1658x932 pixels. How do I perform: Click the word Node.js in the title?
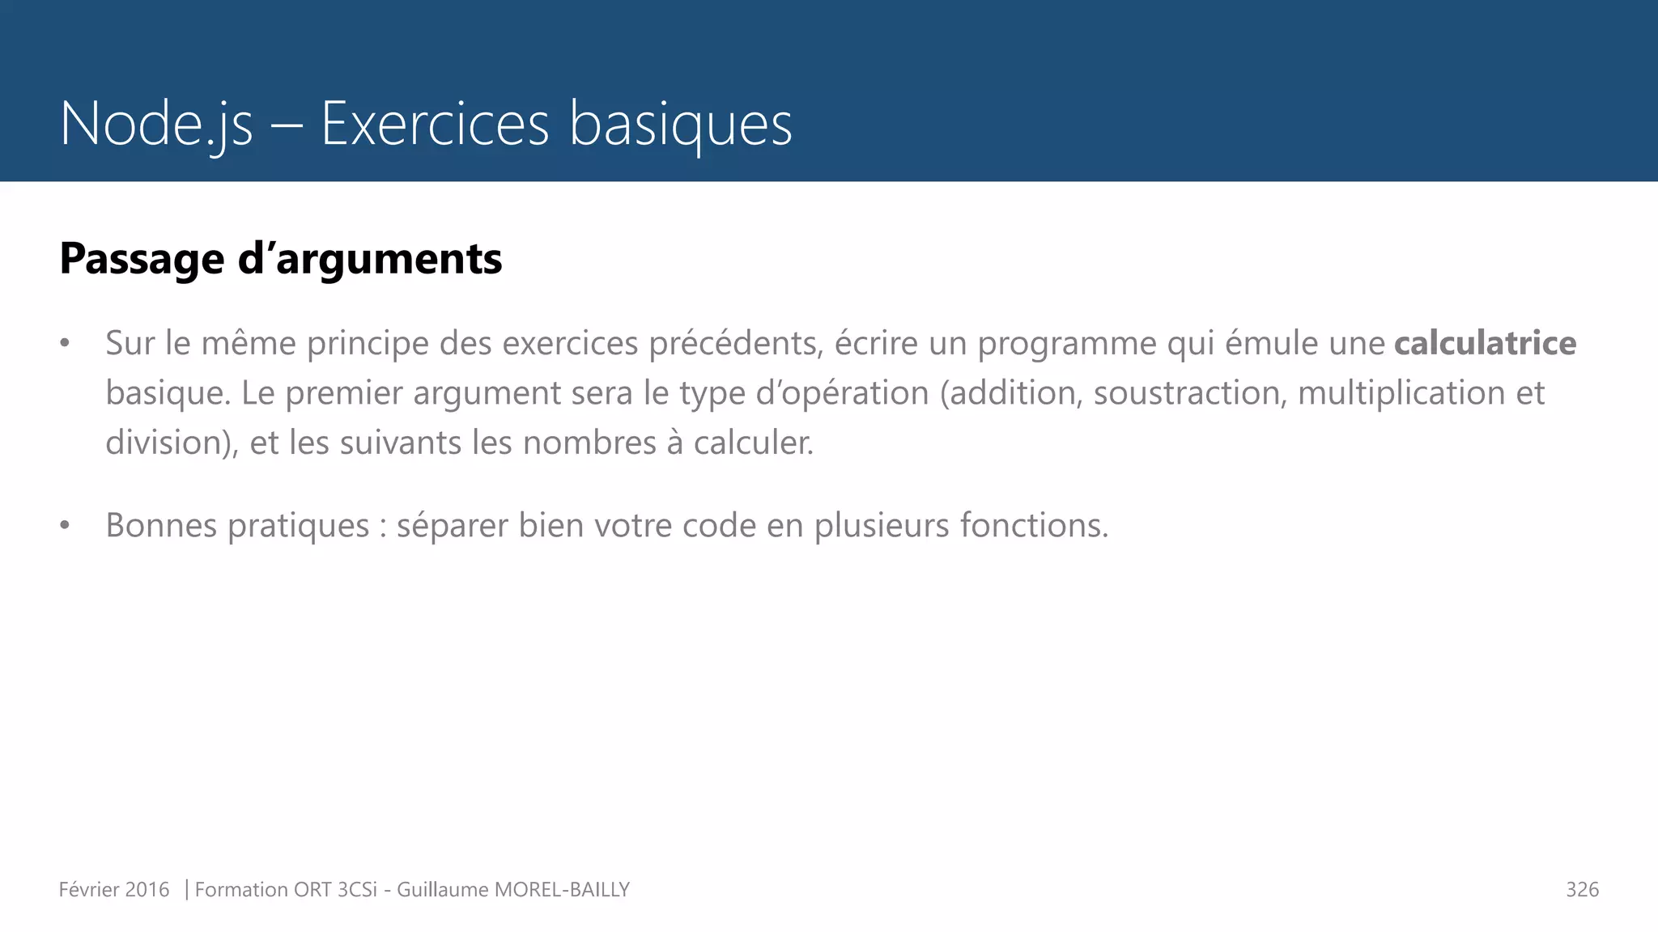[156, 124]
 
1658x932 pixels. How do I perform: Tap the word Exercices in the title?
[435, 124]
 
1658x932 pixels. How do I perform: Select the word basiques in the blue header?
[680, 124]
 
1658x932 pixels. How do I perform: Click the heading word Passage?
[142, 259]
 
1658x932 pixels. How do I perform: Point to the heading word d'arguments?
[370, 259]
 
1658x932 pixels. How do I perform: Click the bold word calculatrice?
[1485, 343]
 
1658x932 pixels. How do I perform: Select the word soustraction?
[1189, 393]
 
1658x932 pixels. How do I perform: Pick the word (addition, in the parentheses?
[1011, 393]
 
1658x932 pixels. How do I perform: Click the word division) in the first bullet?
[172, 443]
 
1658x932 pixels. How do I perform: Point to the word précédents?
[736, 343]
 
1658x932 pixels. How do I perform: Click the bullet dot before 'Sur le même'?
[65, 344]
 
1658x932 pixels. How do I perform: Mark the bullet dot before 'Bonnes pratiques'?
[65, 526]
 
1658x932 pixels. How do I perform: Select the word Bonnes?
[161, 525]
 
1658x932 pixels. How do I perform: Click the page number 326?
[1582, 890]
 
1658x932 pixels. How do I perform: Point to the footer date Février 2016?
[114, 890]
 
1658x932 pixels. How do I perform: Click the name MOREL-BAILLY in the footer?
[562, 890]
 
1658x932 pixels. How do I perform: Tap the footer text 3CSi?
[357, 890]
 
